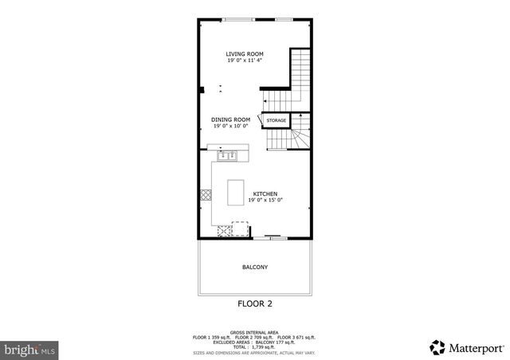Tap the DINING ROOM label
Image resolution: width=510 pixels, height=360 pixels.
pos(230,119)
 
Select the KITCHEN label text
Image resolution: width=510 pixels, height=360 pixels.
pos(265,194)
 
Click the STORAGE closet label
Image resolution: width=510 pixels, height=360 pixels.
pos(276,120)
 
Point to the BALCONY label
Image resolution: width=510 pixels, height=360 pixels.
pos(255,267)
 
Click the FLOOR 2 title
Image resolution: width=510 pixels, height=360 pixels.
pos(255,303)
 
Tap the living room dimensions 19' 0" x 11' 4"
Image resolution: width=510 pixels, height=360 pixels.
pos(244,61)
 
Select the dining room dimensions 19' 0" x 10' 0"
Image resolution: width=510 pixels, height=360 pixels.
pos(230,126)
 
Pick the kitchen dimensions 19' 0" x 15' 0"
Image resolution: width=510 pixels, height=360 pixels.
pos(265,200)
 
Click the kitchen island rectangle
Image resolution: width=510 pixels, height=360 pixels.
pos(236,192)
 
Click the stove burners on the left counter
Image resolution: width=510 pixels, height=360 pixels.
pos(206,194)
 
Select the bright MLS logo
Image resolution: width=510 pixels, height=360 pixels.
pos(30,349)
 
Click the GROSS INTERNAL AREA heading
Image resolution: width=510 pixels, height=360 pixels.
pos(254,332)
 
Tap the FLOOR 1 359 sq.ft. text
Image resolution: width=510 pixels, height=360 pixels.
pos(212,337)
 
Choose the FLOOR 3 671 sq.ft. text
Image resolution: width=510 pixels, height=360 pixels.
pos(297,337)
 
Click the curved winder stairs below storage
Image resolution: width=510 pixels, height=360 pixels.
pos(296,139)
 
